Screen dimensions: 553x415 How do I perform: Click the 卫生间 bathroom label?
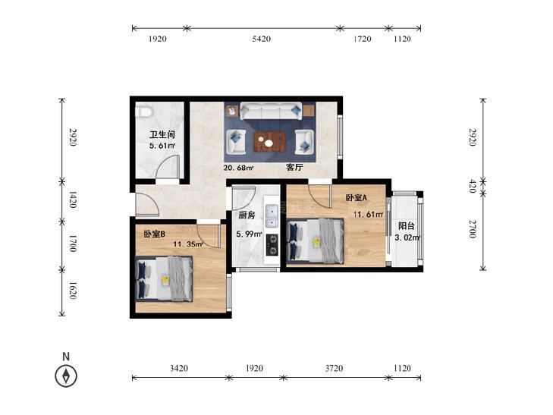point(162,134)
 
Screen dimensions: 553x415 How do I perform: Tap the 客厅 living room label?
point(294,167)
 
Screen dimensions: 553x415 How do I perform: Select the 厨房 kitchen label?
point(247,215)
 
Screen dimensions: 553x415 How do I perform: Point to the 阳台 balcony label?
point(407,226)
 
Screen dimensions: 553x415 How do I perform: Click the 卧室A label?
point(357,198)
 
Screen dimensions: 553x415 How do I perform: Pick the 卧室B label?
point(155,234)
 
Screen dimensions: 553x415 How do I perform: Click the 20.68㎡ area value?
point(239,168)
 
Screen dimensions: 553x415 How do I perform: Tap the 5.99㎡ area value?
point(249,234)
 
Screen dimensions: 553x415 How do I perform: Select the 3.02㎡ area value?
point(407,237)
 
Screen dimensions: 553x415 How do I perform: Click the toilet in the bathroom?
point(144,112)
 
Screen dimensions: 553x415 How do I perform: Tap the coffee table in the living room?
point(270,141)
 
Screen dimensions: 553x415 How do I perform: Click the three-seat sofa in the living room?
point(271,111)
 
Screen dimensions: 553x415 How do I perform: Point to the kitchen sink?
point(272,215)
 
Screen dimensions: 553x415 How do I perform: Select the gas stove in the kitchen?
point(272,245)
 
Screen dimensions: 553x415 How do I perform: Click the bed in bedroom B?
point(165,279)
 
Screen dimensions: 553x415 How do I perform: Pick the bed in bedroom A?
point(316,241)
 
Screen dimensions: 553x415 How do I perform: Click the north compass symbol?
point(66,376)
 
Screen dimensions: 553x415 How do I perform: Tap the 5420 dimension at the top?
point(262,39)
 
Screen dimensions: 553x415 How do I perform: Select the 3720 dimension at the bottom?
point(334,369)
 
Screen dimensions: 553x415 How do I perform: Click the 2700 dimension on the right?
point(473,228)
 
